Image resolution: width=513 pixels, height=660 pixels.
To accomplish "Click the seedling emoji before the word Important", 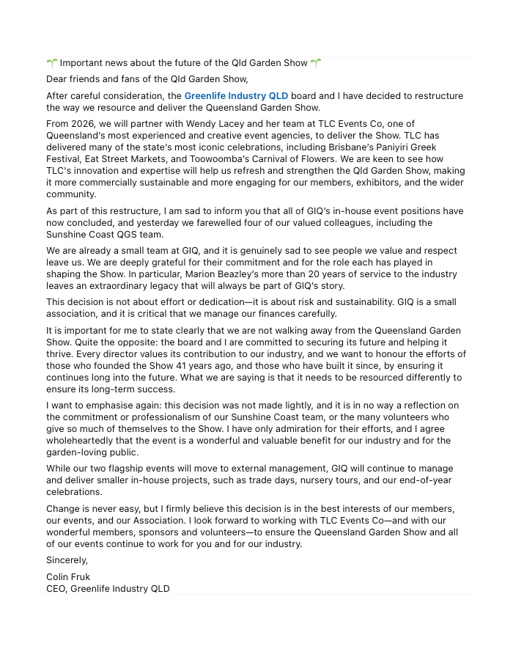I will pos(51,63).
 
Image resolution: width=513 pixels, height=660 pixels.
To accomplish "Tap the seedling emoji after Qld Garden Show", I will pos(316,63).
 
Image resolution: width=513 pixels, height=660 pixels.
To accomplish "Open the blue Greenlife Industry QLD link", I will pos(236,96).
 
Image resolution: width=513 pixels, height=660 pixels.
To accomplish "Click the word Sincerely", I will pos(67,560).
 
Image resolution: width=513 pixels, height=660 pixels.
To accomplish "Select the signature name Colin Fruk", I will pos(68,577).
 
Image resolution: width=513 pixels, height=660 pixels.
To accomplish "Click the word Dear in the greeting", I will pos(57,79).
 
